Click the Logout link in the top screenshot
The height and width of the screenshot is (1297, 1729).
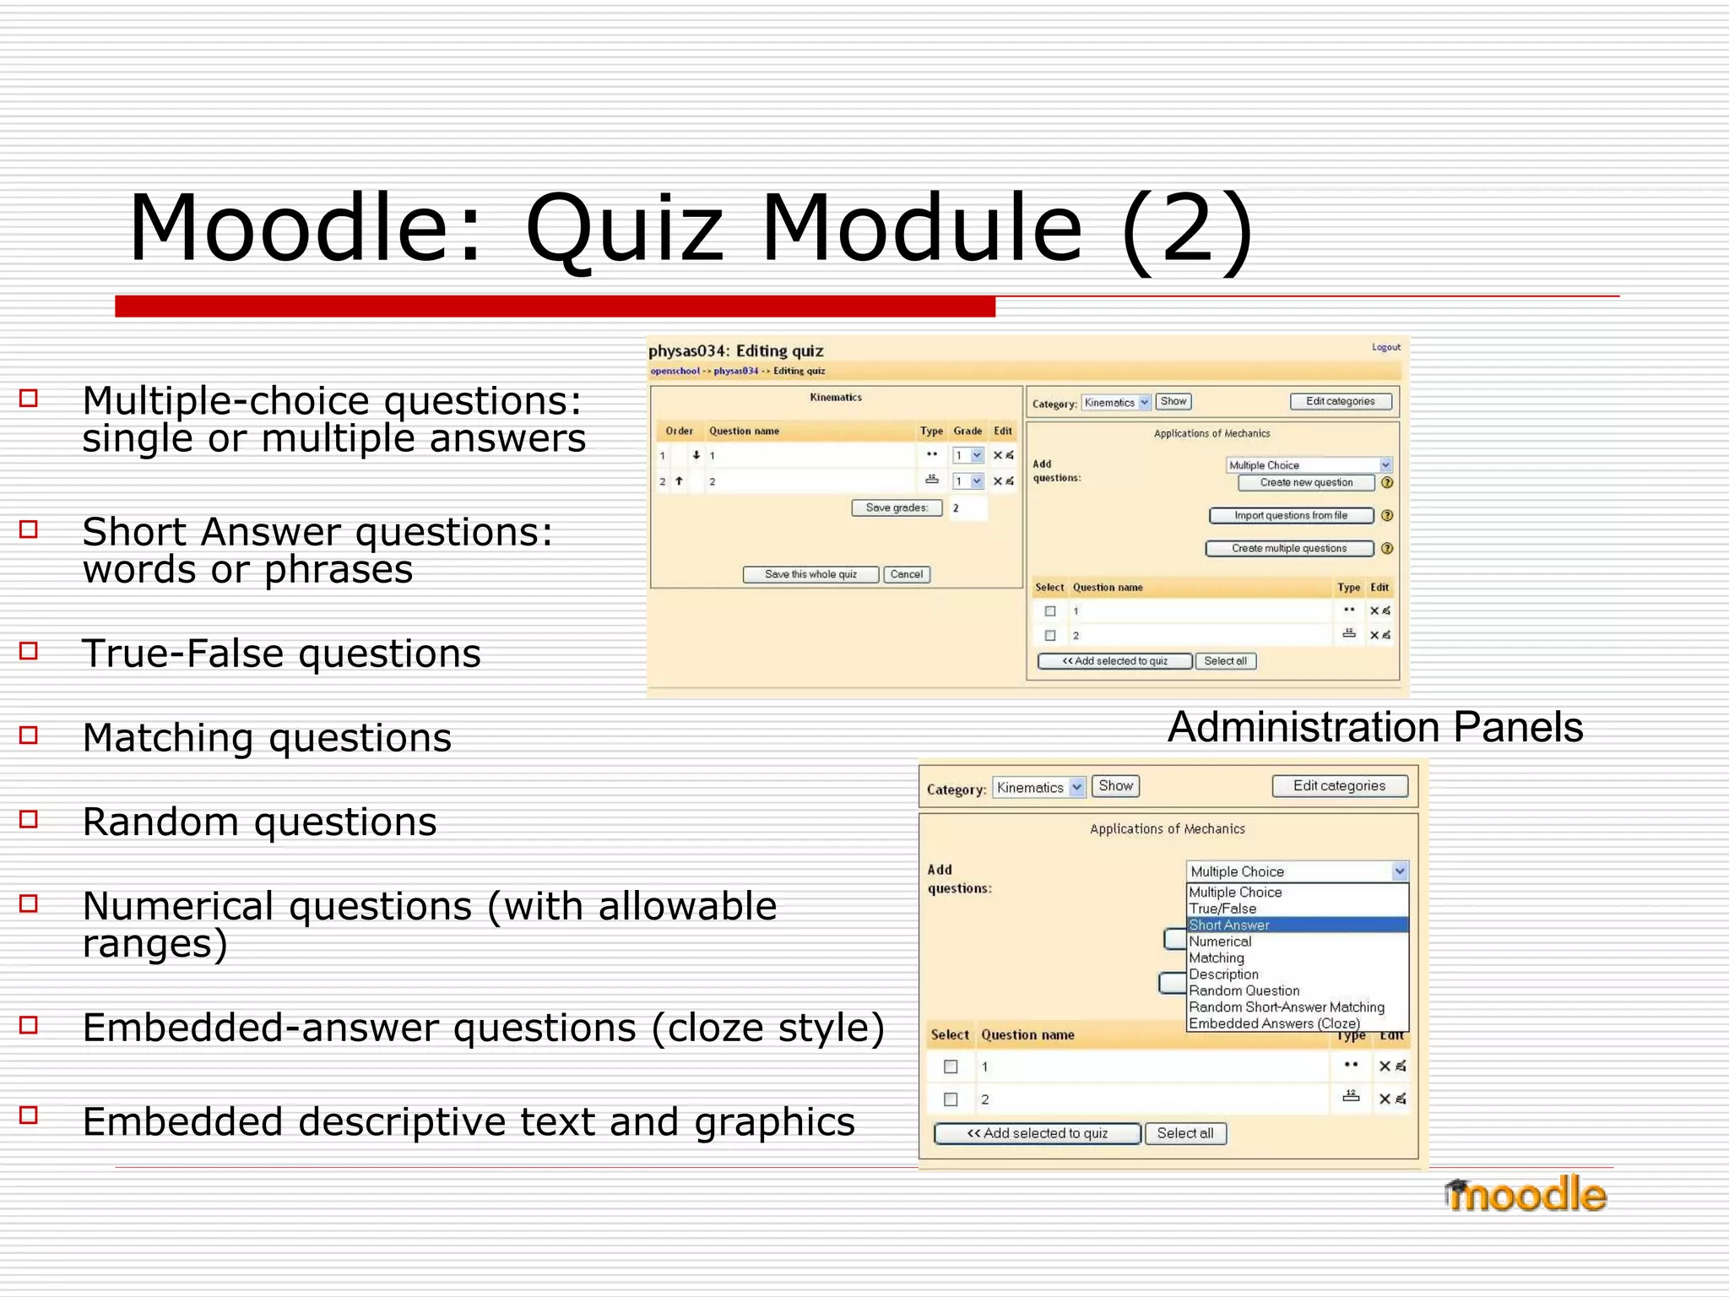(x=1385, y=347)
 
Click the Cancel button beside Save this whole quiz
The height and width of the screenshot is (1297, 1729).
(x=906, y=574)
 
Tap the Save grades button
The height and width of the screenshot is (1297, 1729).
(x=896, y=507)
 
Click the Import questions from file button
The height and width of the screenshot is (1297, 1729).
(x=1290, y=515)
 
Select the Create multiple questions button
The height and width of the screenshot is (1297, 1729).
(x=1288, y=548)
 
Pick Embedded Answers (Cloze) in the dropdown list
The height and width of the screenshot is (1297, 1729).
(x=1273, y=1023)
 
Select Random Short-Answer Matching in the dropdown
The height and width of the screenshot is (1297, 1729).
(x=1286, y=1007)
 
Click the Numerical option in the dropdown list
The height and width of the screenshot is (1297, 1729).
(x=1220, y=942)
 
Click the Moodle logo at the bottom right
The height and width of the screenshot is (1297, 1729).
(x=1526, y=1195)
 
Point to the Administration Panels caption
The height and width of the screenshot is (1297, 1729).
(x=1374, y=727)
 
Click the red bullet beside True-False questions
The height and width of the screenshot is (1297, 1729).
(x=30, y=651)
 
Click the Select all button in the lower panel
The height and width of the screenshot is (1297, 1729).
(x=1184, y=1133)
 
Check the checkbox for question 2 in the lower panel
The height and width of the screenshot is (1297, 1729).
(x=951, y=1099)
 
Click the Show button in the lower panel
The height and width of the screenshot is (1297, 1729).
(x=1115, y=786)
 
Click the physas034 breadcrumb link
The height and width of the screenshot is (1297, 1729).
(x=735, y=371)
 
